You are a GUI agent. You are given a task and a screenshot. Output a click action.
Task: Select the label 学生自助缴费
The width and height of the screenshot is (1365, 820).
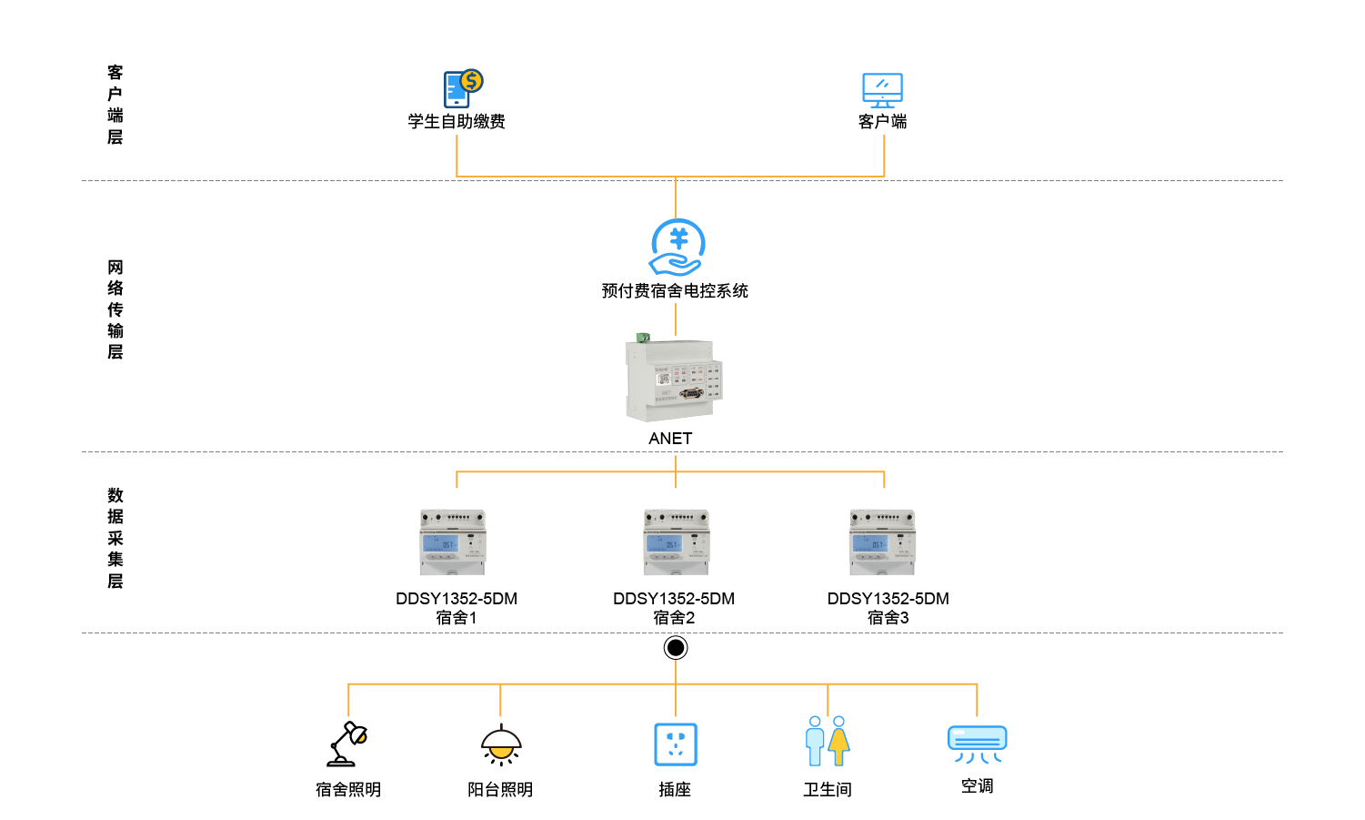(457, 122)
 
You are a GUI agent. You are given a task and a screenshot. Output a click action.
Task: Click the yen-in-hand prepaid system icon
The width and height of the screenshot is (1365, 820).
(677, 247)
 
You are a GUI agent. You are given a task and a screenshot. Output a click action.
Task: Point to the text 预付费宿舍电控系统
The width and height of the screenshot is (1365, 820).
(675, 291)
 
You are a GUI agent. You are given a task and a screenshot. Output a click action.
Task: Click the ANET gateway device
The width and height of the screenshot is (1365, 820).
(673, 380)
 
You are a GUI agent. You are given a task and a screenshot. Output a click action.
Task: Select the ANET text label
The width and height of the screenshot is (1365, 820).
(671, 439)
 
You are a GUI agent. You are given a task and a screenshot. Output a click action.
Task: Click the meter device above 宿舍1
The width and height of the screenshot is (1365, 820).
(453, 542)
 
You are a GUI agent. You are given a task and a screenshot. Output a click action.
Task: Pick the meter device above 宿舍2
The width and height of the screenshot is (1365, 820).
(676, 542)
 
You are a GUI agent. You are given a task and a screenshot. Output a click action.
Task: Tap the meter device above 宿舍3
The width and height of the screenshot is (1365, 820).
(882, 542)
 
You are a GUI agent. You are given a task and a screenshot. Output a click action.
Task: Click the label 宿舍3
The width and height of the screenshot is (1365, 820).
(888, 618)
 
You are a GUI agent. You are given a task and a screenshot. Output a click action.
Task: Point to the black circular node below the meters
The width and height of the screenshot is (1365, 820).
(676, 648)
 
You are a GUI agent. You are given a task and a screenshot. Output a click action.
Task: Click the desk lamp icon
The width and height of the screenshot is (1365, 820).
(347, 744)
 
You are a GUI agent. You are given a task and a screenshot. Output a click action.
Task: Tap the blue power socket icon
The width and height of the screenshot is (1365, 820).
(676, 744)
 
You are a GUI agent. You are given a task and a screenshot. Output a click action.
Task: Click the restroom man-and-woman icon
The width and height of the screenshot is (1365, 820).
(828, 741)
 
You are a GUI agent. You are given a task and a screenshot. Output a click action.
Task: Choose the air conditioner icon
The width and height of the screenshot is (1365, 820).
(977, 744)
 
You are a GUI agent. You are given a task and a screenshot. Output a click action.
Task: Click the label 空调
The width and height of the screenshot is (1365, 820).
(977, 786)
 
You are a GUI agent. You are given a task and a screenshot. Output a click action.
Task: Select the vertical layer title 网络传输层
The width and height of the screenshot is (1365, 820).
(115, 309)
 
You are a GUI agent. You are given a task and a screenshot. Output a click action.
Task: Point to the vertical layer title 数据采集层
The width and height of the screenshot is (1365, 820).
(115, 538)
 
